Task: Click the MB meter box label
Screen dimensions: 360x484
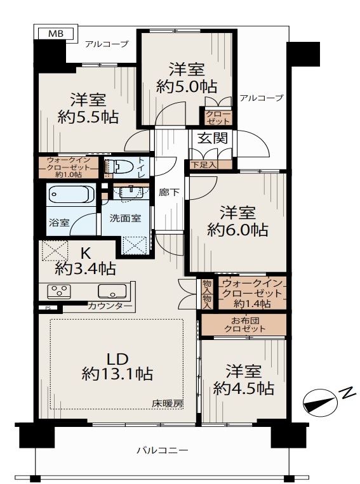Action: click(56, 34)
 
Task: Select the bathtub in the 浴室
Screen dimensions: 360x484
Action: click(71, 194)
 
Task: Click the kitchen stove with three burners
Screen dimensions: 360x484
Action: click(59, 291)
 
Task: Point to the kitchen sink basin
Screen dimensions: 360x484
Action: click(112, 291)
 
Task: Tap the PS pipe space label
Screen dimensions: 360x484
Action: click(48, 308)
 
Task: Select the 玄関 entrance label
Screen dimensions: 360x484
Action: click(213, 138)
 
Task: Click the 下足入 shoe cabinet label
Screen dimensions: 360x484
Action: click(203, 164)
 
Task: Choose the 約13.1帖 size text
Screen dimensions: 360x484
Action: click(117, 374)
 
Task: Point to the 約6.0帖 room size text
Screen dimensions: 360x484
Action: click(237, 230)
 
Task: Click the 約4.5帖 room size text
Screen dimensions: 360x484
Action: click(244, 388)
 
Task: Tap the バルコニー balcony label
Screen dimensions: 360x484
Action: click(163, 450)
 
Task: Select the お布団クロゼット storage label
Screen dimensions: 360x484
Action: click(244, 324)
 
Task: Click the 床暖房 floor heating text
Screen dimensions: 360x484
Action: click(168, 403)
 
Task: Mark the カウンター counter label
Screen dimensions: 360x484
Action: click(110, 306)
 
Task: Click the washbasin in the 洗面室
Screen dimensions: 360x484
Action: click(131, 192)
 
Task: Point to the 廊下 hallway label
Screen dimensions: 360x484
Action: click(169, 193)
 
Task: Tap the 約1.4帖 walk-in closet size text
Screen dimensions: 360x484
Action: click(252, 304)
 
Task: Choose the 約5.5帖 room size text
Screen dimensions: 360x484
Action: click(88, 117)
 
